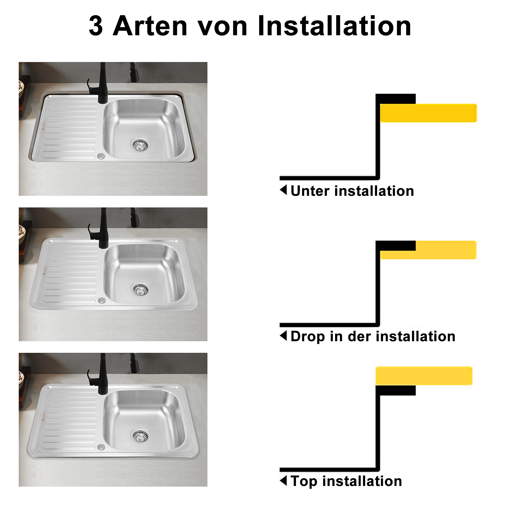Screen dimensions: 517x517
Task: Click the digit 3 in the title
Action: tap(96, 26)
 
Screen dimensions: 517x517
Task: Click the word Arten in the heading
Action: tap(150, 26)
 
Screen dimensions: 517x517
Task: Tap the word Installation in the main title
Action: tap(334, 26)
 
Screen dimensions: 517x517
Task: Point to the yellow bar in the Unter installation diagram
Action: tap(428, 113)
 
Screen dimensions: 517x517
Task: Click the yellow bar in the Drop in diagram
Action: tap(428, 250)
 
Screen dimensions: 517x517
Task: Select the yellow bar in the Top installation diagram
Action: tap(424, 375)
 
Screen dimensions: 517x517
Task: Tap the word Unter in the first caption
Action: tap(311, 191)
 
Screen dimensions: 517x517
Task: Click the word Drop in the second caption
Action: tap(308, 336)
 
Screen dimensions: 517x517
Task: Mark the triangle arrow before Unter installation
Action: tap(283, 190)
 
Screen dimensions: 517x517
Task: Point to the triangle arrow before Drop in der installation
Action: tap(283, 335)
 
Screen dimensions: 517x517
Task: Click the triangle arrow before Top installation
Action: tap(283, 480)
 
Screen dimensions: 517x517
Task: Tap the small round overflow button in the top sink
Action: tap(101, 156)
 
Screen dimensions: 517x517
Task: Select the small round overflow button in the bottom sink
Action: tap(101, 447)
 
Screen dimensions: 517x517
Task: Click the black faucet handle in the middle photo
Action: tap(91, 232)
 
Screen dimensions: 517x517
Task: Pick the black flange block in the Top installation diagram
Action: tap(396, 390)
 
